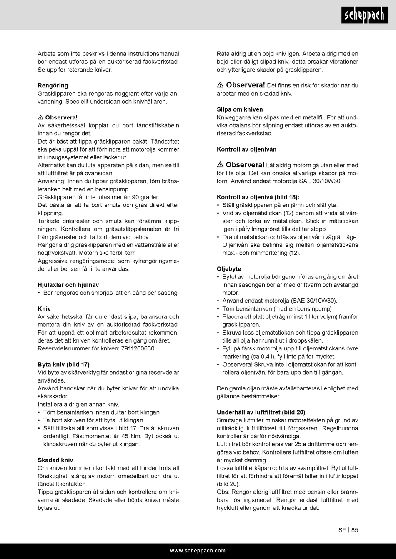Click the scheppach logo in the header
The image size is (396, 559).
tap(364, 15)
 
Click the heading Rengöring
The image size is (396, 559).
tap(53, 86)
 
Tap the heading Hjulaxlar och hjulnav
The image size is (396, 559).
tap(68, 285)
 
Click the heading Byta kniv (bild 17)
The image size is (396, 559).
tap(63, 365)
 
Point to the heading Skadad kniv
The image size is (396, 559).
tap(55, 460)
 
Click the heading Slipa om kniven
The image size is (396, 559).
tap(240, 109)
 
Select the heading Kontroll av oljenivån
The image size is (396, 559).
tap(246, 149)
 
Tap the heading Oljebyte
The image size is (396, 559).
tap(229, 269)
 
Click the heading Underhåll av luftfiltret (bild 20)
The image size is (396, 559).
tap(261, 412)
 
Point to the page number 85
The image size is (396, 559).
tap(355, 530)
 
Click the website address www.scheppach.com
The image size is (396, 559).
tap(198, 551)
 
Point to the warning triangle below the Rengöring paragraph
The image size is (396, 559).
tap(40, 117)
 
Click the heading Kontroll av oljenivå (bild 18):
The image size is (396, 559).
tap(258, 197)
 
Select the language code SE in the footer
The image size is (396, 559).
tap(342, 530)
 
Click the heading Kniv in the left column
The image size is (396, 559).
tap(44, 309)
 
